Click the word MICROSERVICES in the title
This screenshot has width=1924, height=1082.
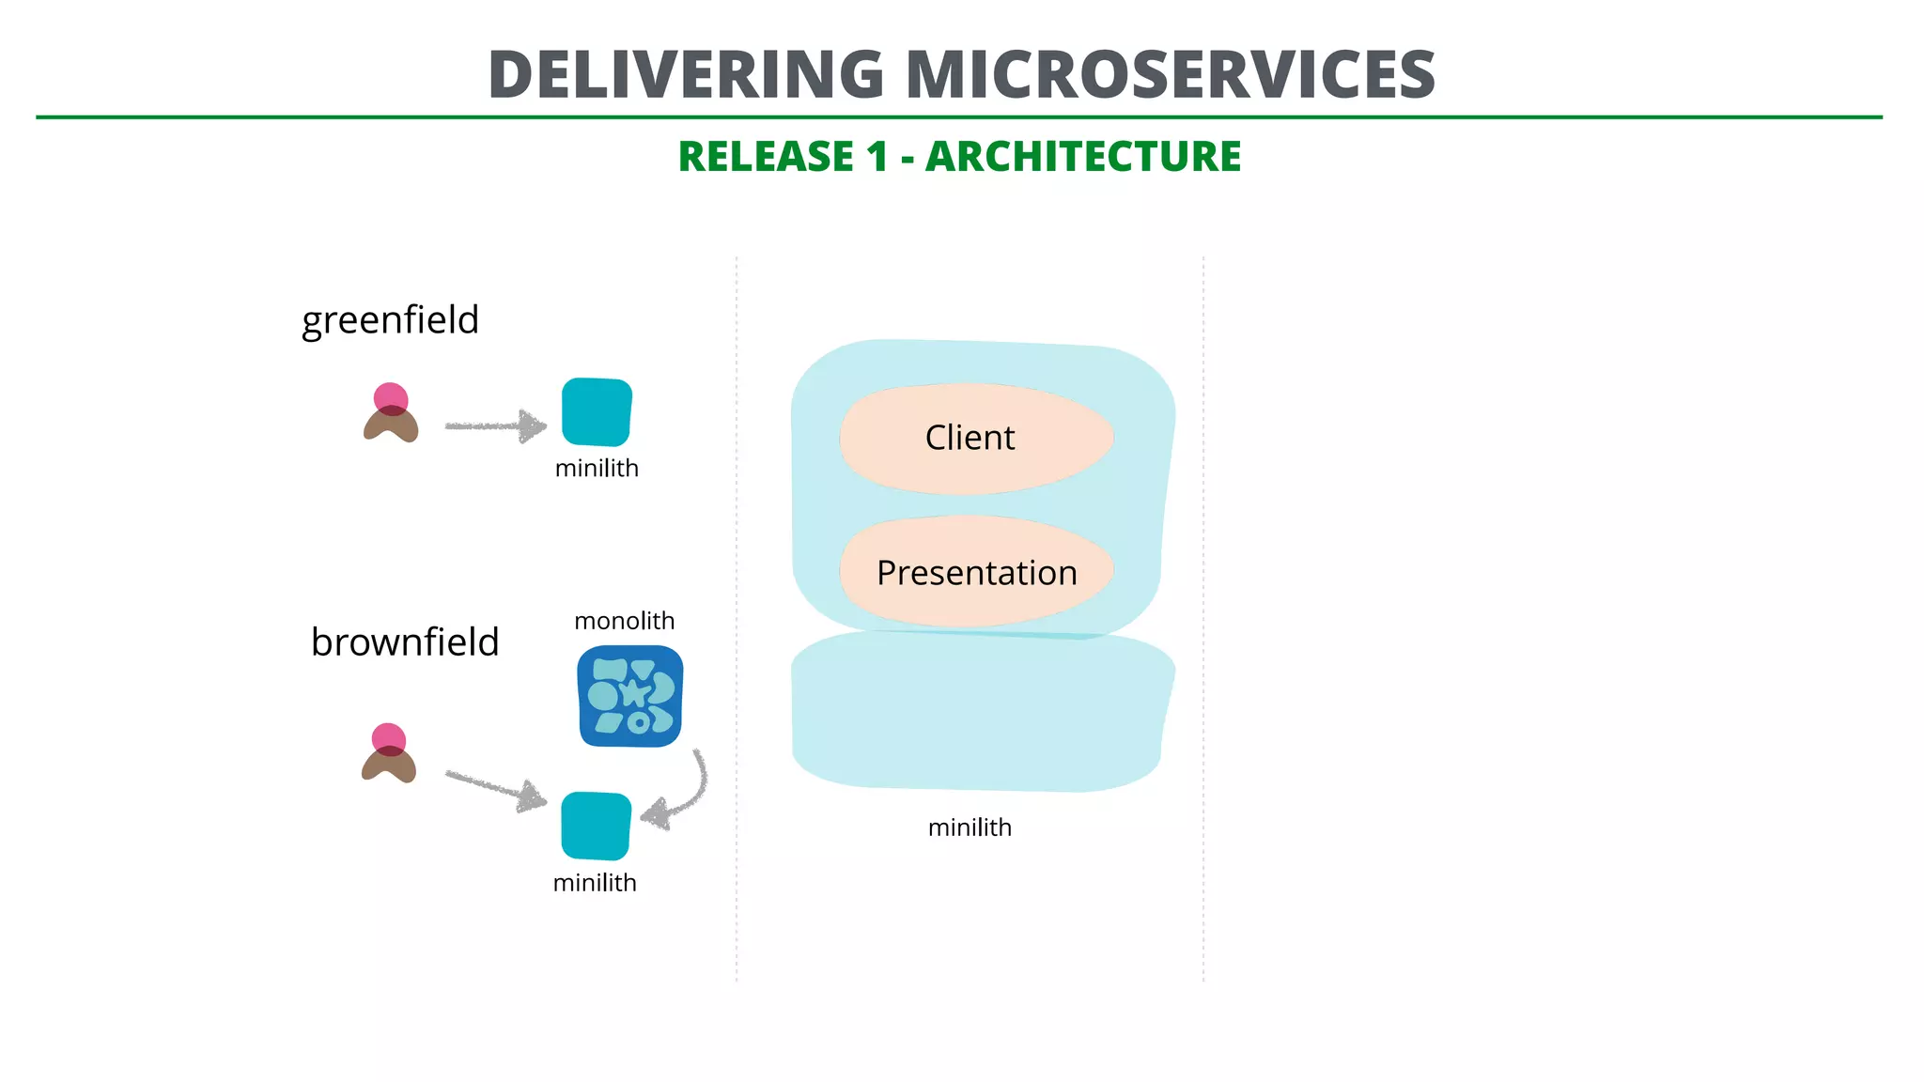click(x=1171, y=74)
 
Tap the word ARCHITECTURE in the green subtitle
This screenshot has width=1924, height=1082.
click(x=1083, y=156)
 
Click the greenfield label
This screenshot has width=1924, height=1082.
click(x=390, y=320)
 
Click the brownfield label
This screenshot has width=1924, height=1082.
click(x=405, y=642)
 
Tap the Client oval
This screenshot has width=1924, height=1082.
click(x=976, y=438)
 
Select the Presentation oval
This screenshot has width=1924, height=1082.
click(x=976, y=572)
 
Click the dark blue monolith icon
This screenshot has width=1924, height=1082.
click(x=630, y=696)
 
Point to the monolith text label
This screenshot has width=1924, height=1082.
click(x=624, y=621)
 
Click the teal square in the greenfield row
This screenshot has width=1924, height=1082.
click(x=597, y=411)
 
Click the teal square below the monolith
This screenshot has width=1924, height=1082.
click(x=596, y=826)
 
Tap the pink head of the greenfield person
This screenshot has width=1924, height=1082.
click(x=391, y=397)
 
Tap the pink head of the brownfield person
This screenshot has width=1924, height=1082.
click(x=388, y=737)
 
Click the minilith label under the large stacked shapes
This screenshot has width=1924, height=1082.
click(x=970, y=827)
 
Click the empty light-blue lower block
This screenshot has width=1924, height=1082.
click(x=977, y=714)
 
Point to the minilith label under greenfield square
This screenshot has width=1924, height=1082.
click(x=597, y=468)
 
